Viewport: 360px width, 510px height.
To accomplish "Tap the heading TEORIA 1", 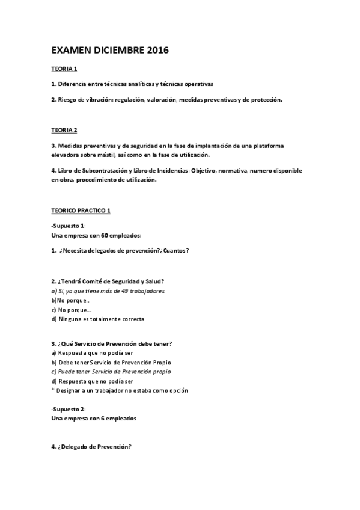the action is [64, 69].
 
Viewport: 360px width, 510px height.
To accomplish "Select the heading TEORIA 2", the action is [64, 129].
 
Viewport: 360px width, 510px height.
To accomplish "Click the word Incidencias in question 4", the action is [169, 171].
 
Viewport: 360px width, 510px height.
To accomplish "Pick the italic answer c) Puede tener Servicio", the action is [111, 372].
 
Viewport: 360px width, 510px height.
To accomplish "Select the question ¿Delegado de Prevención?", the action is [94, 447].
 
